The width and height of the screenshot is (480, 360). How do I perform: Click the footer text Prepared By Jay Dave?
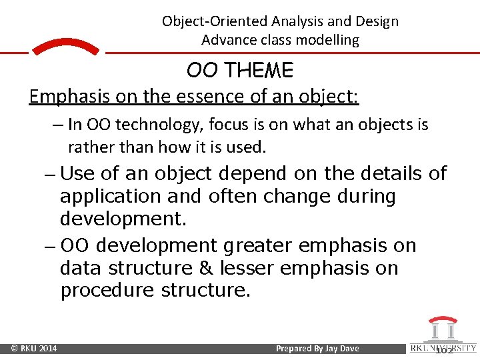317,349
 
